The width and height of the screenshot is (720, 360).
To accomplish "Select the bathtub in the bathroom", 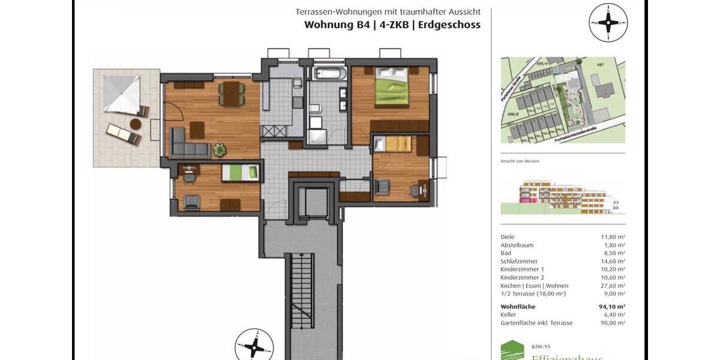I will pyautogui.click(x=329, y=74).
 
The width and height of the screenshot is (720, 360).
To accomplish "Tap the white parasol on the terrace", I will pyautogui.click(x=121, y=94).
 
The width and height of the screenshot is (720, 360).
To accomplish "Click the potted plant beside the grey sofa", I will pyautogui.click(x=220, y=149).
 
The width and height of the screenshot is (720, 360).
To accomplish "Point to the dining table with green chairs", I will pyautogui.click(x=231, y=93).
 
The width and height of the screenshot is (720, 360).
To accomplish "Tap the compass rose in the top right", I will pyautogui.click(x=608, y=23).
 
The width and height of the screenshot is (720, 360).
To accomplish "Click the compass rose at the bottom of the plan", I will pyautogui.click(x=254, y=347).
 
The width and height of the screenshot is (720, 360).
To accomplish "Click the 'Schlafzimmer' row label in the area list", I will pyautogui.click(x=519, y=262).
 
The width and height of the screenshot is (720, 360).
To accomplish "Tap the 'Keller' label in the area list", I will pyautogui.click(x=508, y=314).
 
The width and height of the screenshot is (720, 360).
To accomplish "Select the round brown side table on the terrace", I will pyautogui.click(x=136, y=124).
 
